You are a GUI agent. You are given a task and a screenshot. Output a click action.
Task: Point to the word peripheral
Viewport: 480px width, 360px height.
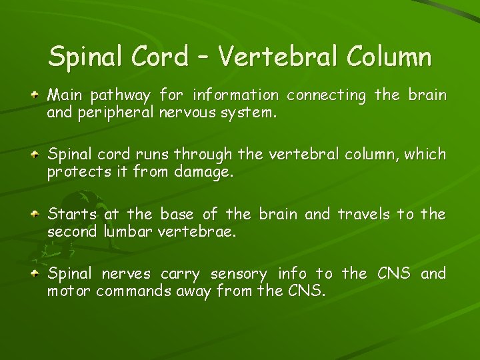click(x=127, y=113)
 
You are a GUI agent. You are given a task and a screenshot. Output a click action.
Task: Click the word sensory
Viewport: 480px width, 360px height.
click(x=239, y=274)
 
